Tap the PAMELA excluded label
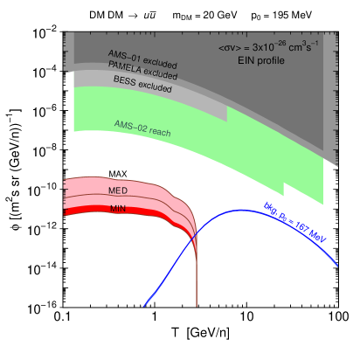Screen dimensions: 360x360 tap(142, 73)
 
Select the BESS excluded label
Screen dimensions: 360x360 tap(142, 85)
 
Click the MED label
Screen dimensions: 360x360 tap(118, 190)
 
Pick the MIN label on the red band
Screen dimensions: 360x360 tap(118, 209)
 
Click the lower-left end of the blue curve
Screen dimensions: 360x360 tap(144, 306)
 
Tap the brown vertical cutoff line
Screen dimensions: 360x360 tap(197, 280)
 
